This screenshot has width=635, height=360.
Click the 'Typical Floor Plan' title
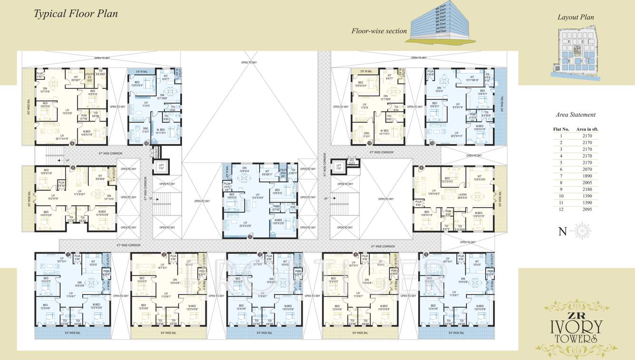(x=76, y=13)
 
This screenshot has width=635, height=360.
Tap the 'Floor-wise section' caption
(x=379, y=31)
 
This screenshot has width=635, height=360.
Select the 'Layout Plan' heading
(x=576, y=17)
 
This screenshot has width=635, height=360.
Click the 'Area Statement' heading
(x=575, y=114)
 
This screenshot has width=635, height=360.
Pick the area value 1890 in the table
(x=587, y=176)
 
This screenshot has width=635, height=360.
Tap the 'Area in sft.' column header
(x=587, y=129)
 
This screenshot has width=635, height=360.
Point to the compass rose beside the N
(x=582, y=231)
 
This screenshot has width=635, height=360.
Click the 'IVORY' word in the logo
(x=576, y=327)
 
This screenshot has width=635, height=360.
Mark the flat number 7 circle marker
(x=250, y=236)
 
